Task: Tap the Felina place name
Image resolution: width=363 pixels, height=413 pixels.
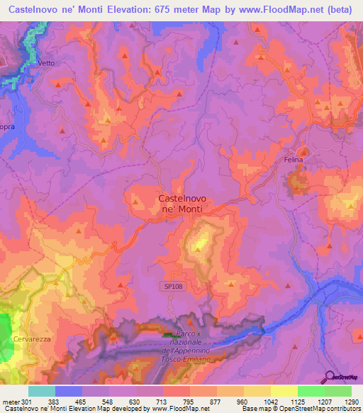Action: [x=294, y=160]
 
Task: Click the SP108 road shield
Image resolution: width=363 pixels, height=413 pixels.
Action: [x=169, y=285]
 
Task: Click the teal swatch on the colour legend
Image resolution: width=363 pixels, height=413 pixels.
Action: [x=41, y=391]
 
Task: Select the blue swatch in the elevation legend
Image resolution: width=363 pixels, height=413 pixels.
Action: [x=68, y=391]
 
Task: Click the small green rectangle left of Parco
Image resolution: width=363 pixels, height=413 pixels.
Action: [x=167, y=334]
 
